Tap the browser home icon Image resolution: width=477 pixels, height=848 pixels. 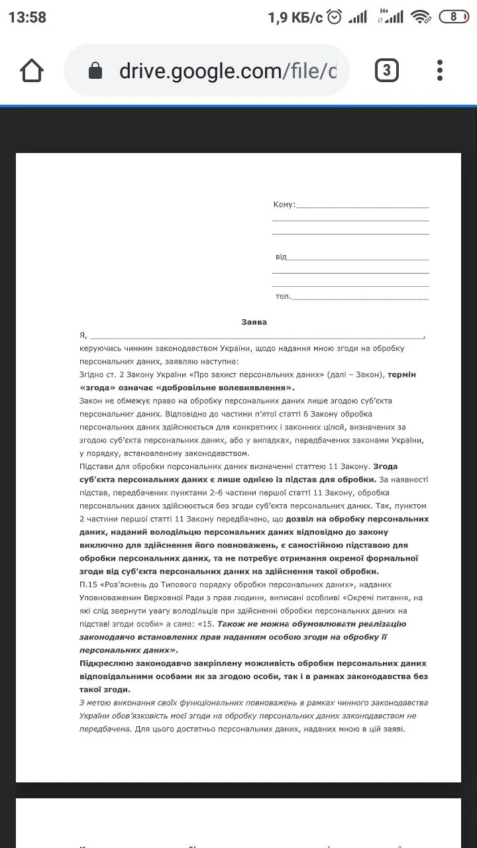[x=32, y=70]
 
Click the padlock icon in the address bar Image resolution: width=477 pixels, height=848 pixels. [x=95, y=71]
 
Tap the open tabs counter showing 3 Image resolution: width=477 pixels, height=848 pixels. [x=387, y=70]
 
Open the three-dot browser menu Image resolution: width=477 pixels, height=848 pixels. [x=440, y=70]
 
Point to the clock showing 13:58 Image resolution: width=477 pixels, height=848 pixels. [x=27, y=17]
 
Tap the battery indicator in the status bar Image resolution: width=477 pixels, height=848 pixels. [x=454, y=17]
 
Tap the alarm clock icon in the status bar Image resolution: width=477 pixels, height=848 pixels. [x=335, y=17]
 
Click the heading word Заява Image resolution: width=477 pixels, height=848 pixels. [x=254, y=323]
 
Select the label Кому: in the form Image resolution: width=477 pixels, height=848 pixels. [x=284, y=205]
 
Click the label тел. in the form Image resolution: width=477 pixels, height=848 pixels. [x=283, y=296]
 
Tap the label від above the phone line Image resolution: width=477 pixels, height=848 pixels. [x=281, y=256]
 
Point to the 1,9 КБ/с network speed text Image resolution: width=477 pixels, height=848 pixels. [x=295, y=18]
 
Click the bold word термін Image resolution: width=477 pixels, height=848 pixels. [x=402, y=374]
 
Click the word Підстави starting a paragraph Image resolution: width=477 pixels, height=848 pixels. [x=97, y=466]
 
